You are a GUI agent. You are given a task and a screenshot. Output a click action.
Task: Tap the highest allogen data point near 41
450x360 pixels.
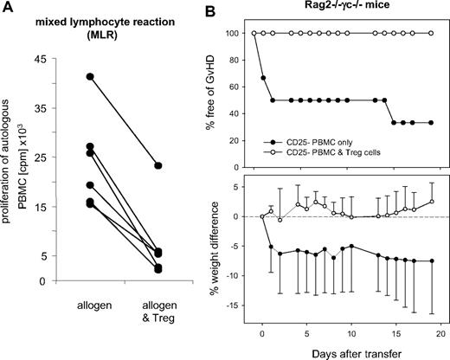66,77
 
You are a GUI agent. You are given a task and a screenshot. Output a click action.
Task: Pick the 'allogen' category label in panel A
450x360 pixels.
66,306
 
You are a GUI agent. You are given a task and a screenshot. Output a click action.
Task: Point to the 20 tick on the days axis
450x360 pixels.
439,334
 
